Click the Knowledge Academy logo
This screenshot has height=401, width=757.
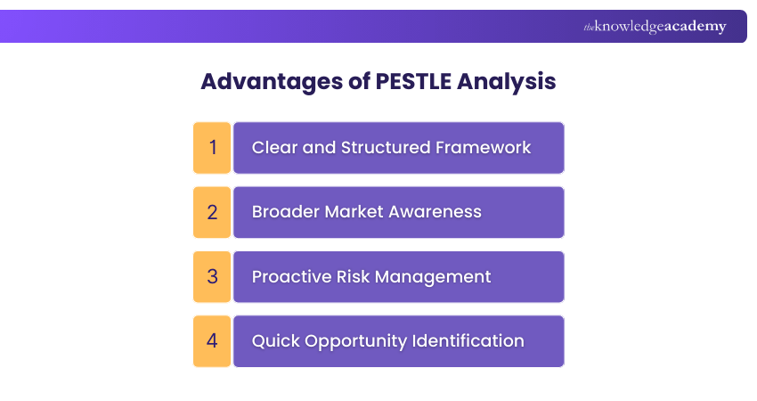tap(655, 27)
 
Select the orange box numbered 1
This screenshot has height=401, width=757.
tap(212, 148)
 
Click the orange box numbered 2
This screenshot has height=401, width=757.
tap(212, 212)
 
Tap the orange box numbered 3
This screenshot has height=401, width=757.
tap(212, 276)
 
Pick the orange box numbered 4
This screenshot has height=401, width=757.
tap(212, 340)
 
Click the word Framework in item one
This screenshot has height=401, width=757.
tap(487, 148)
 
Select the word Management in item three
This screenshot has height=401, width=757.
tap(433, 276)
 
